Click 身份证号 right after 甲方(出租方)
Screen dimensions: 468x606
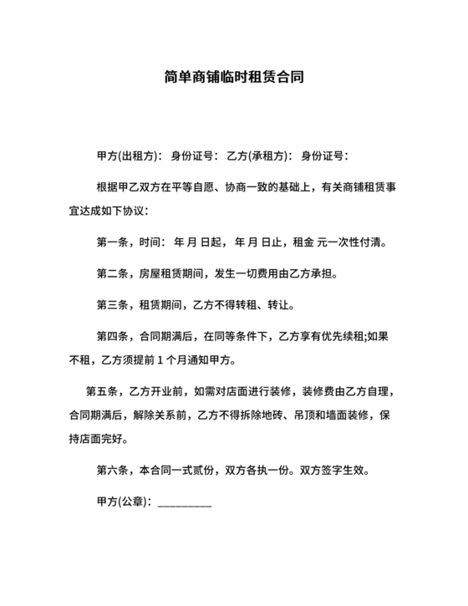(194, 156)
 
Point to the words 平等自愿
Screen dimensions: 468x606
(192, 187)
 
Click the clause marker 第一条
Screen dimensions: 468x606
(111, 243)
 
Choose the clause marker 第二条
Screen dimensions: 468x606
(111, 274)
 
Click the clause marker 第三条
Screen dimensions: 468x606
(111, 305)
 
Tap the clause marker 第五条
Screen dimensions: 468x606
(100, 391)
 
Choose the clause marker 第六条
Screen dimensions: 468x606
(111, 470)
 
